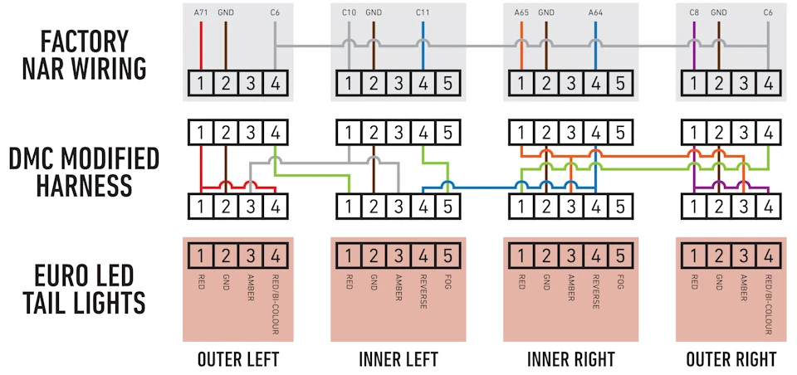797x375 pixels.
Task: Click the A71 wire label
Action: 201,12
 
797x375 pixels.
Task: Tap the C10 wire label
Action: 349,12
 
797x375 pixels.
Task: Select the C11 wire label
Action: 423,12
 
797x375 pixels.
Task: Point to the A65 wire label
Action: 521,12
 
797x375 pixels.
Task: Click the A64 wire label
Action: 595,12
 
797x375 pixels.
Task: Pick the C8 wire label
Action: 694,12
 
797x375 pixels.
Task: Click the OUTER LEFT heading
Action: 238,359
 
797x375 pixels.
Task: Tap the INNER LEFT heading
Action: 398,359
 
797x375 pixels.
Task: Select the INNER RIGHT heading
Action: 571,359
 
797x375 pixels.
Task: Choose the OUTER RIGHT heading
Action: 731,359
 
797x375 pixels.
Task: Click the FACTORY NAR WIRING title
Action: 85,56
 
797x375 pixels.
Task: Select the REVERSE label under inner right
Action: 595,292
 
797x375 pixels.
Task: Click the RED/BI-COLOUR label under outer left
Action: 275,304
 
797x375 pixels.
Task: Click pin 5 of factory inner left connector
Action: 447,83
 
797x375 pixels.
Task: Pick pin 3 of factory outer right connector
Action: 743,83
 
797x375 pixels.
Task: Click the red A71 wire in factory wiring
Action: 201,46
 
